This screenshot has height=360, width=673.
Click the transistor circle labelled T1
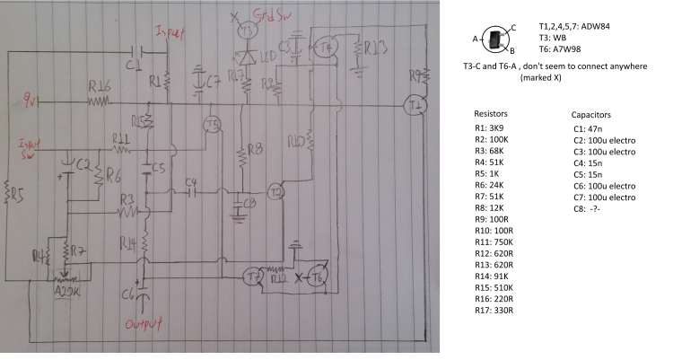pos(414,105)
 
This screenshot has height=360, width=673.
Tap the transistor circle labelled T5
pos(212,124)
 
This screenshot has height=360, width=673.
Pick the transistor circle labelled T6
pos(319,277)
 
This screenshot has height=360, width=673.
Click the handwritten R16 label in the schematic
pos(99,87)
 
